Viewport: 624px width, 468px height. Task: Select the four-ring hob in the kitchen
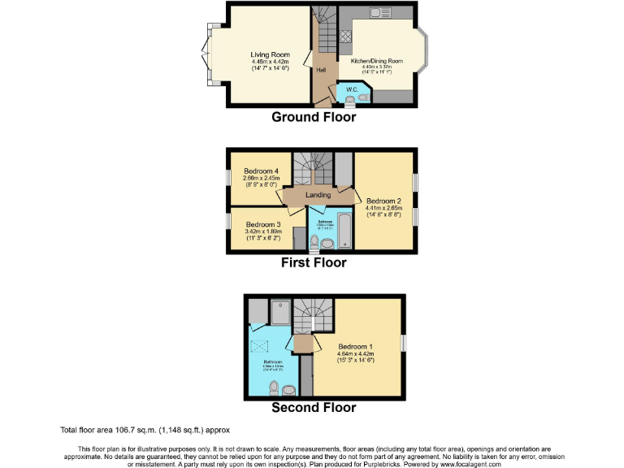tap(344, 36)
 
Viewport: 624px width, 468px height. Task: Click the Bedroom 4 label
tap(261, 171)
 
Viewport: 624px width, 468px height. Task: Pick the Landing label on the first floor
tap(318, 195)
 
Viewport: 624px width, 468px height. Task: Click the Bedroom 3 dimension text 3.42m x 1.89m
tap(262, 232)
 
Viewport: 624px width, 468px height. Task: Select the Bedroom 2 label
tap(383, 201)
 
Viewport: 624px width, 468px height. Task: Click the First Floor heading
tap(313, 262)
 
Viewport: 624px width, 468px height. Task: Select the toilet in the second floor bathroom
tap(275, 386)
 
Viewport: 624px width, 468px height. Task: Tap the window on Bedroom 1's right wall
tap(403, 344)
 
